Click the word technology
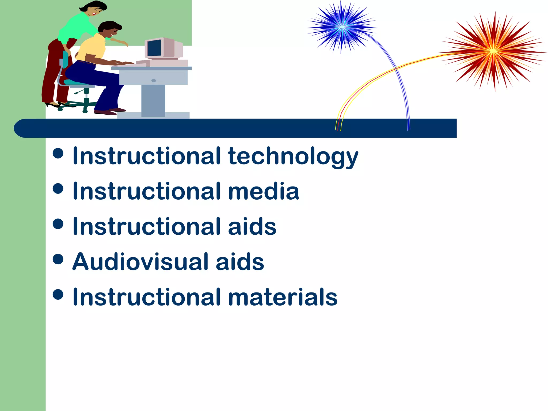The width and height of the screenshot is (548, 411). click(x=293, y=157)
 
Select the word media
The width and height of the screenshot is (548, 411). click(x=263, y=192)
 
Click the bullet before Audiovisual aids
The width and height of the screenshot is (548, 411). click(x=58, y=259)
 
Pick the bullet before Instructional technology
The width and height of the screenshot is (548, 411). click(x=58, y=154)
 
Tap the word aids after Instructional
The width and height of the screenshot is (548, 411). click(x=252, y=227)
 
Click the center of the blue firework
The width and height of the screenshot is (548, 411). click(x=342, y=27)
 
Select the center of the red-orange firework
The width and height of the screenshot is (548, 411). click(x=493, y=51)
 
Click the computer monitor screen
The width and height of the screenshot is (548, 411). click(x=154, y=48)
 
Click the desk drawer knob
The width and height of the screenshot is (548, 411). click(x=154, y=81)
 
